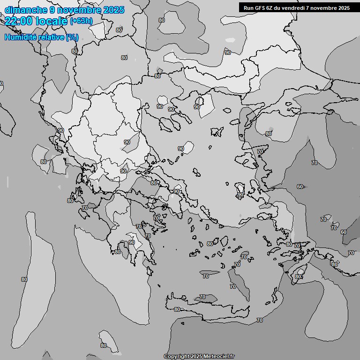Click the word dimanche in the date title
[x=22, y=10]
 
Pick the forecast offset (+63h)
[x=81, y=21]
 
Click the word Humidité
[x=20, y=37]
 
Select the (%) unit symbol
[x=72, y=37]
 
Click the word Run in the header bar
[x=249, y=8]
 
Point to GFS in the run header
[x=261, y=8]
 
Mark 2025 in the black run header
[x=344, y=8]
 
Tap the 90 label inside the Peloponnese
[x=132, y=242]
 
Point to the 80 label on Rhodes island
[x=298, y=277]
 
